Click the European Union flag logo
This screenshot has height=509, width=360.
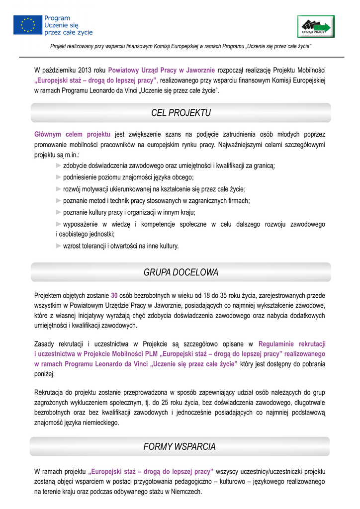(28, 25)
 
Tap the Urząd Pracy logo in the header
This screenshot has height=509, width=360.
(316, 26)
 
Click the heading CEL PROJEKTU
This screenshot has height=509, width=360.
(180, 113)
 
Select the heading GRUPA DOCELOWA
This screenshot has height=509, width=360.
(180, 273)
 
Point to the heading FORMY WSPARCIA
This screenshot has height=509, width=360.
(180, 447)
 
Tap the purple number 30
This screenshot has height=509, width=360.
(114, 295)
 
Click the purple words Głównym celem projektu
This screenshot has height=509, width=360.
(72, 135)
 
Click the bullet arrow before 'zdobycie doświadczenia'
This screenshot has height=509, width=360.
(59, 166)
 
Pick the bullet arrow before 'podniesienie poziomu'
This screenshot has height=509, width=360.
(59, 177)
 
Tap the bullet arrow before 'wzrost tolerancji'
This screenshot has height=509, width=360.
(59, 246)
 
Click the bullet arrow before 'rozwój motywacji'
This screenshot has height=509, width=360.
(59, 189)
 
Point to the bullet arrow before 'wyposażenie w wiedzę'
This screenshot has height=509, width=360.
(59, 224)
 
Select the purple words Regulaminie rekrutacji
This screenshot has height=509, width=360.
(292, 344)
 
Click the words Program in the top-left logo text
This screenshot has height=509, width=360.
(57, 18)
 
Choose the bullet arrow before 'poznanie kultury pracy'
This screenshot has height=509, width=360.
(59, 212)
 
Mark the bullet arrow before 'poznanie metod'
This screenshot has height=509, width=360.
(59, 200)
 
